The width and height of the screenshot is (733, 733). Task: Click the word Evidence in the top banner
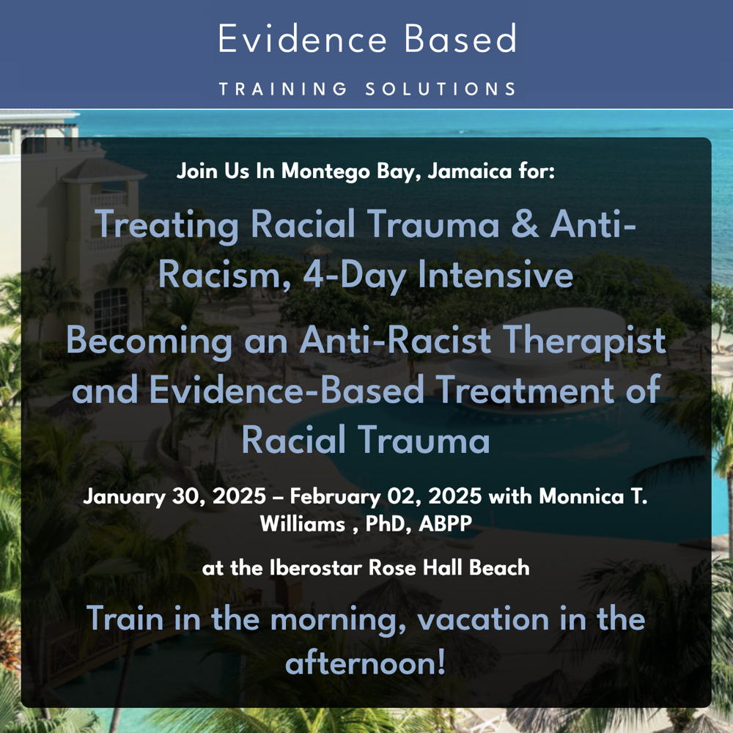click(x=303, y=39)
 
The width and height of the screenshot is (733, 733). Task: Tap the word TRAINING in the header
click(x=283, y=89)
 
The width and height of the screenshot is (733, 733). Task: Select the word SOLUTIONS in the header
click(x=441, y=89)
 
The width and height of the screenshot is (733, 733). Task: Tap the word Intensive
click(x=496, y=274)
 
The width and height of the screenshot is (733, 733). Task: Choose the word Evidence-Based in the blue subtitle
click(x=287, y=390)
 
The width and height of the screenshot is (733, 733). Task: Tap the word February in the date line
click(x=335, y=497)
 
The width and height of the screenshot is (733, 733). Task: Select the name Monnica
click(x=581, y=496)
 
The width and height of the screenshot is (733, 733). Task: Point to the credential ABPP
click(x=446, y=524)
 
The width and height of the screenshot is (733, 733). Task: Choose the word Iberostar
click(x=316, y=568)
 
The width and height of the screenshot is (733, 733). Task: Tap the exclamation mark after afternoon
click(x=440, y=662)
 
